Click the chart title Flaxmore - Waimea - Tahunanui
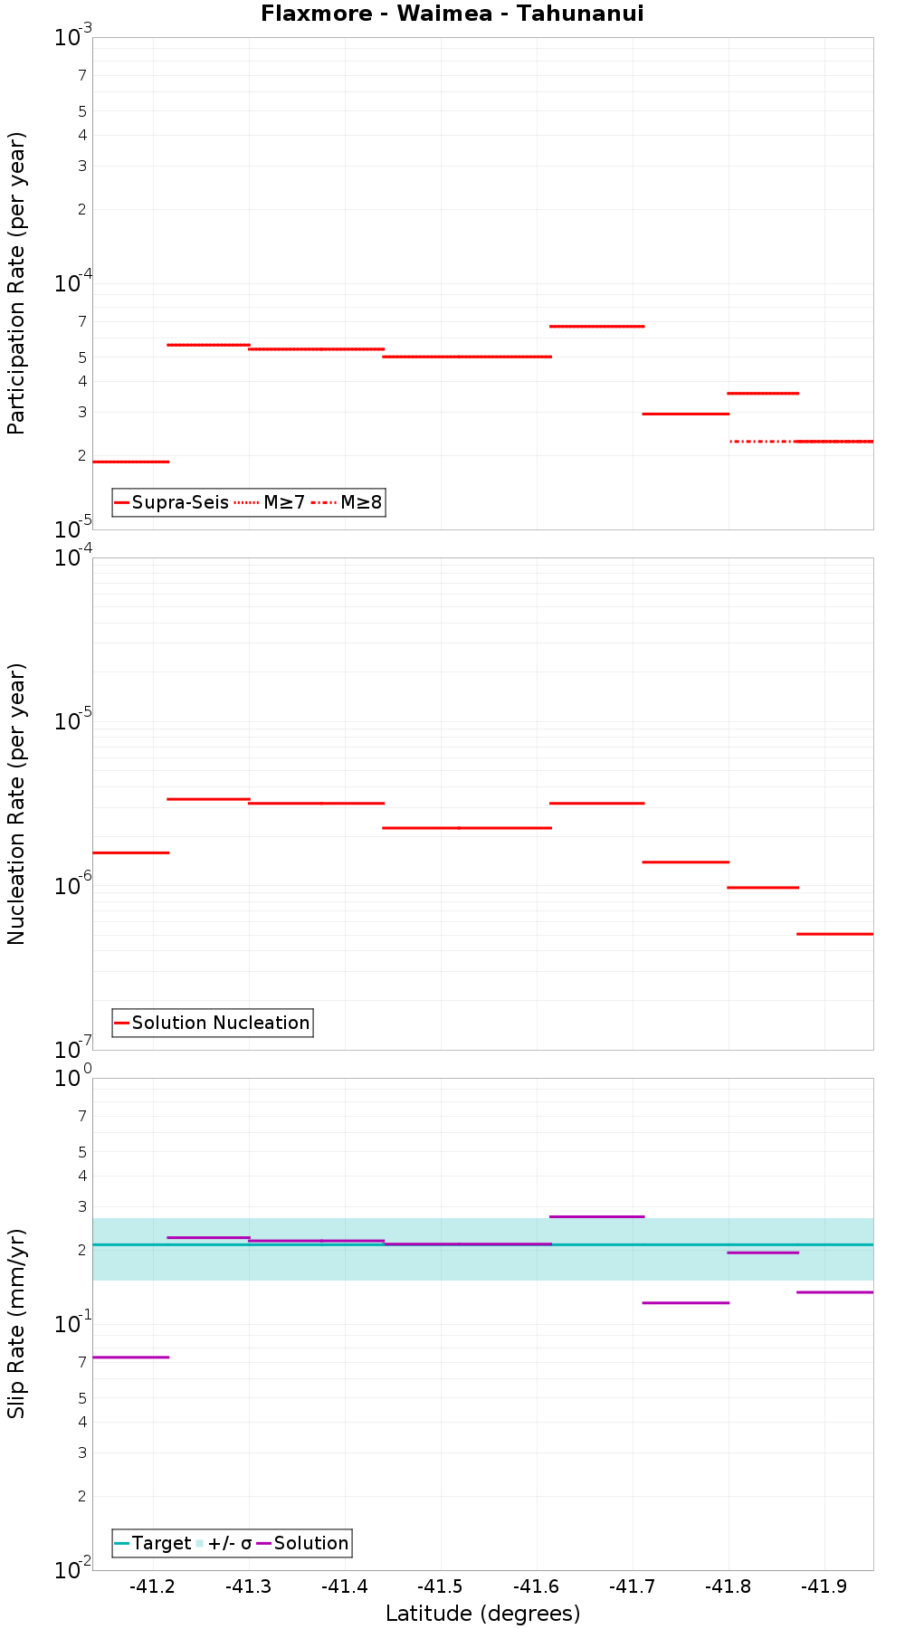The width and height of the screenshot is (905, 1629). (x=452, y=14)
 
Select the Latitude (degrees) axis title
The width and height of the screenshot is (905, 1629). (x=482, y=1614)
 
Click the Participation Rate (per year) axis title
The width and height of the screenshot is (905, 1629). (x=16, y=283)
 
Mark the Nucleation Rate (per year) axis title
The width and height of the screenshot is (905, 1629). (x=16, y=804)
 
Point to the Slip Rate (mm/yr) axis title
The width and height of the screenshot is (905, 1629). (x=16, y=1324)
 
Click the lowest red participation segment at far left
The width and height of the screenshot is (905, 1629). (x=131, y=462)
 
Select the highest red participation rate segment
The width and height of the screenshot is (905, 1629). (x=597, y=326)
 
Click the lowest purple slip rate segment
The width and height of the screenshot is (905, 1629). (x=131, y=1357)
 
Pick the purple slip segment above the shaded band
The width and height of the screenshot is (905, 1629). (x=597, y=1216)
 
